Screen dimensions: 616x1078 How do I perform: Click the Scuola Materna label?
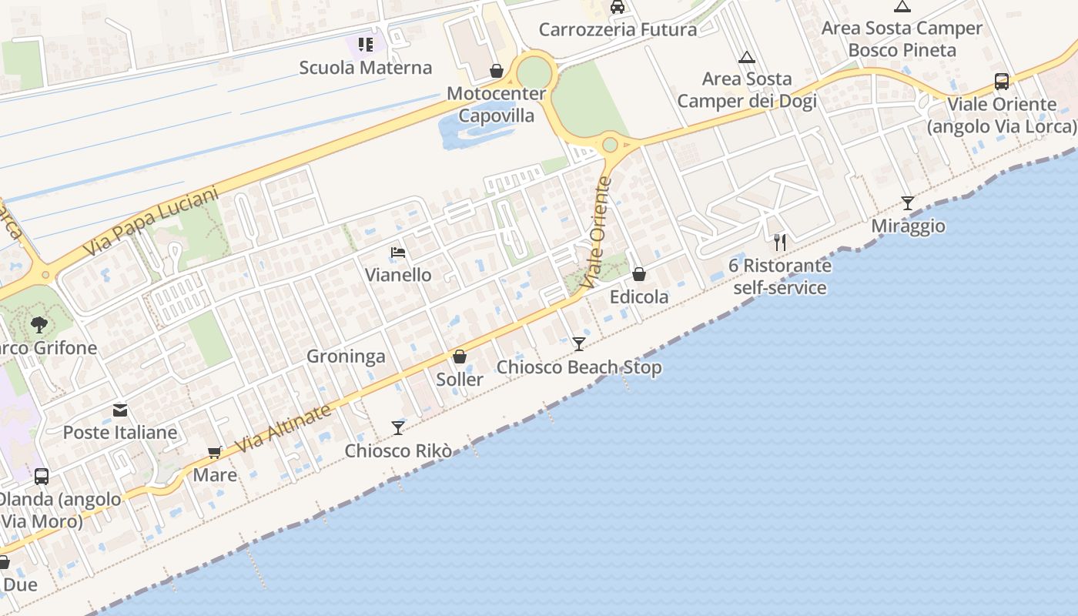(x=366, y=67)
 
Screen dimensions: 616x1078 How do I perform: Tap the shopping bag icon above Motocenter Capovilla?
(x=497, y=72)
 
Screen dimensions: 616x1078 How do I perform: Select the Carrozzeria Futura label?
(x=618, y=30)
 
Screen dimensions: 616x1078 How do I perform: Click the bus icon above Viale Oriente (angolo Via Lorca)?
(x=1002, y=81)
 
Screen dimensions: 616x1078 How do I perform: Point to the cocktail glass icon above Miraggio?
(x=908, y=203)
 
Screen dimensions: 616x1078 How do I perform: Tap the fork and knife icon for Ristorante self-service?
(x=780, y=243)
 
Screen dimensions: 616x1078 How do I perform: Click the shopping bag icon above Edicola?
(x=639, y=274)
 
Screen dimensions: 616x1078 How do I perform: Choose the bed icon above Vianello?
(x=398, y=253)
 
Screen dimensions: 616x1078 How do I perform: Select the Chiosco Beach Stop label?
(x=579, y=367)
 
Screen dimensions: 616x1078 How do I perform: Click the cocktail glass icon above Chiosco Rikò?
(x=398, y=427)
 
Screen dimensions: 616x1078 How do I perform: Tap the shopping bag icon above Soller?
(x=460, y=357)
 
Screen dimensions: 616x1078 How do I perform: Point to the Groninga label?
(x=346, y=357)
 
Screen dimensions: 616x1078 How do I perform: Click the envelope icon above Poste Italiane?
(x=120, y=410)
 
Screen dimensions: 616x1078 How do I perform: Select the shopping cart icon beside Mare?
(x=215, y=453)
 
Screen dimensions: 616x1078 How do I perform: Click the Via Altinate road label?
(x=283, y=429)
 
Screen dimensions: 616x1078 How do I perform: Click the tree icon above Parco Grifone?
(x=39, y=325)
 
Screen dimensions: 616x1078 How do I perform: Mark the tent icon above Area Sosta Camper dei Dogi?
(x=746, y=57)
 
